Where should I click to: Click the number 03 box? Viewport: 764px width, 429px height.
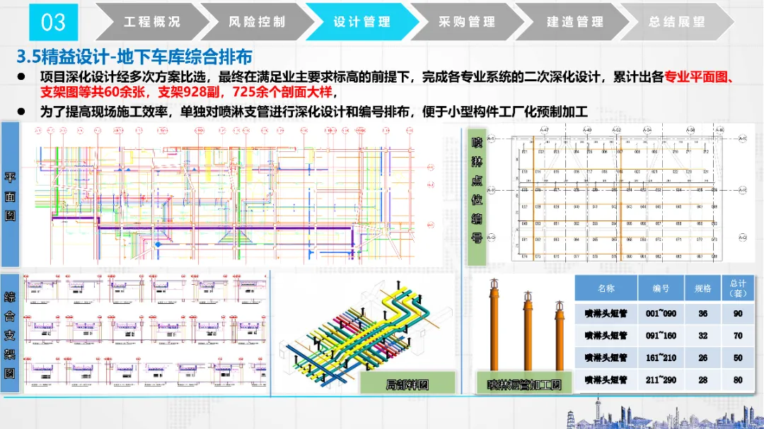tap(53, 22)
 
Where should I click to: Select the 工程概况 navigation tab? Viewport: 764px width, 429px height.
tap(152, 22)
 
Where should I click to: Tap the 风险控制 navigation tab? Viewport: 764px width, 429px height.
tap(257, 22)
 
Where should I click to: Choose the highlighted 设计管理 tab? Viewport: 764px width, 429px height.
tap(361, 22)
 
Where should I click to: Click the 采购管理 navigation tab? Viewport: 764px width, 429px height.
tap(467, 22)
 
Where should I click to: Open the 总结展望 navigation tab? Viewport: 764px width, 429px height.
tap(677, 22)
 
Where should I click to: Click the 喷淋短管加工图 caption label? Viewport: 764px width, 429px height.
tap(524, 385)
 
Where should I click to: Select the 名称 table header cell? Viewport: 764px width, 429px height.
tap(606, 288)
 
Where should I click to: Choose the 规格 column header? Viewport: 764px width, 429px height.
tap(702, 288)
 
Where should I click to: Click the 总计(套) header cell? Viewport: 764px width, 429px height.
tap(738, 288)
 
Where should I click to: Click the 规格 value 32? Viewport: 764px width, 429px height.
tap(702, 336)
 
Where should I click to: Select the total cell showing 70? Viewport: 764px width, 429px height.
tap(738, 336)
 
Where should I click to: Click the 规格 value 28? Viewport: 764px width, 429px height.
tap(702, 380)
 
